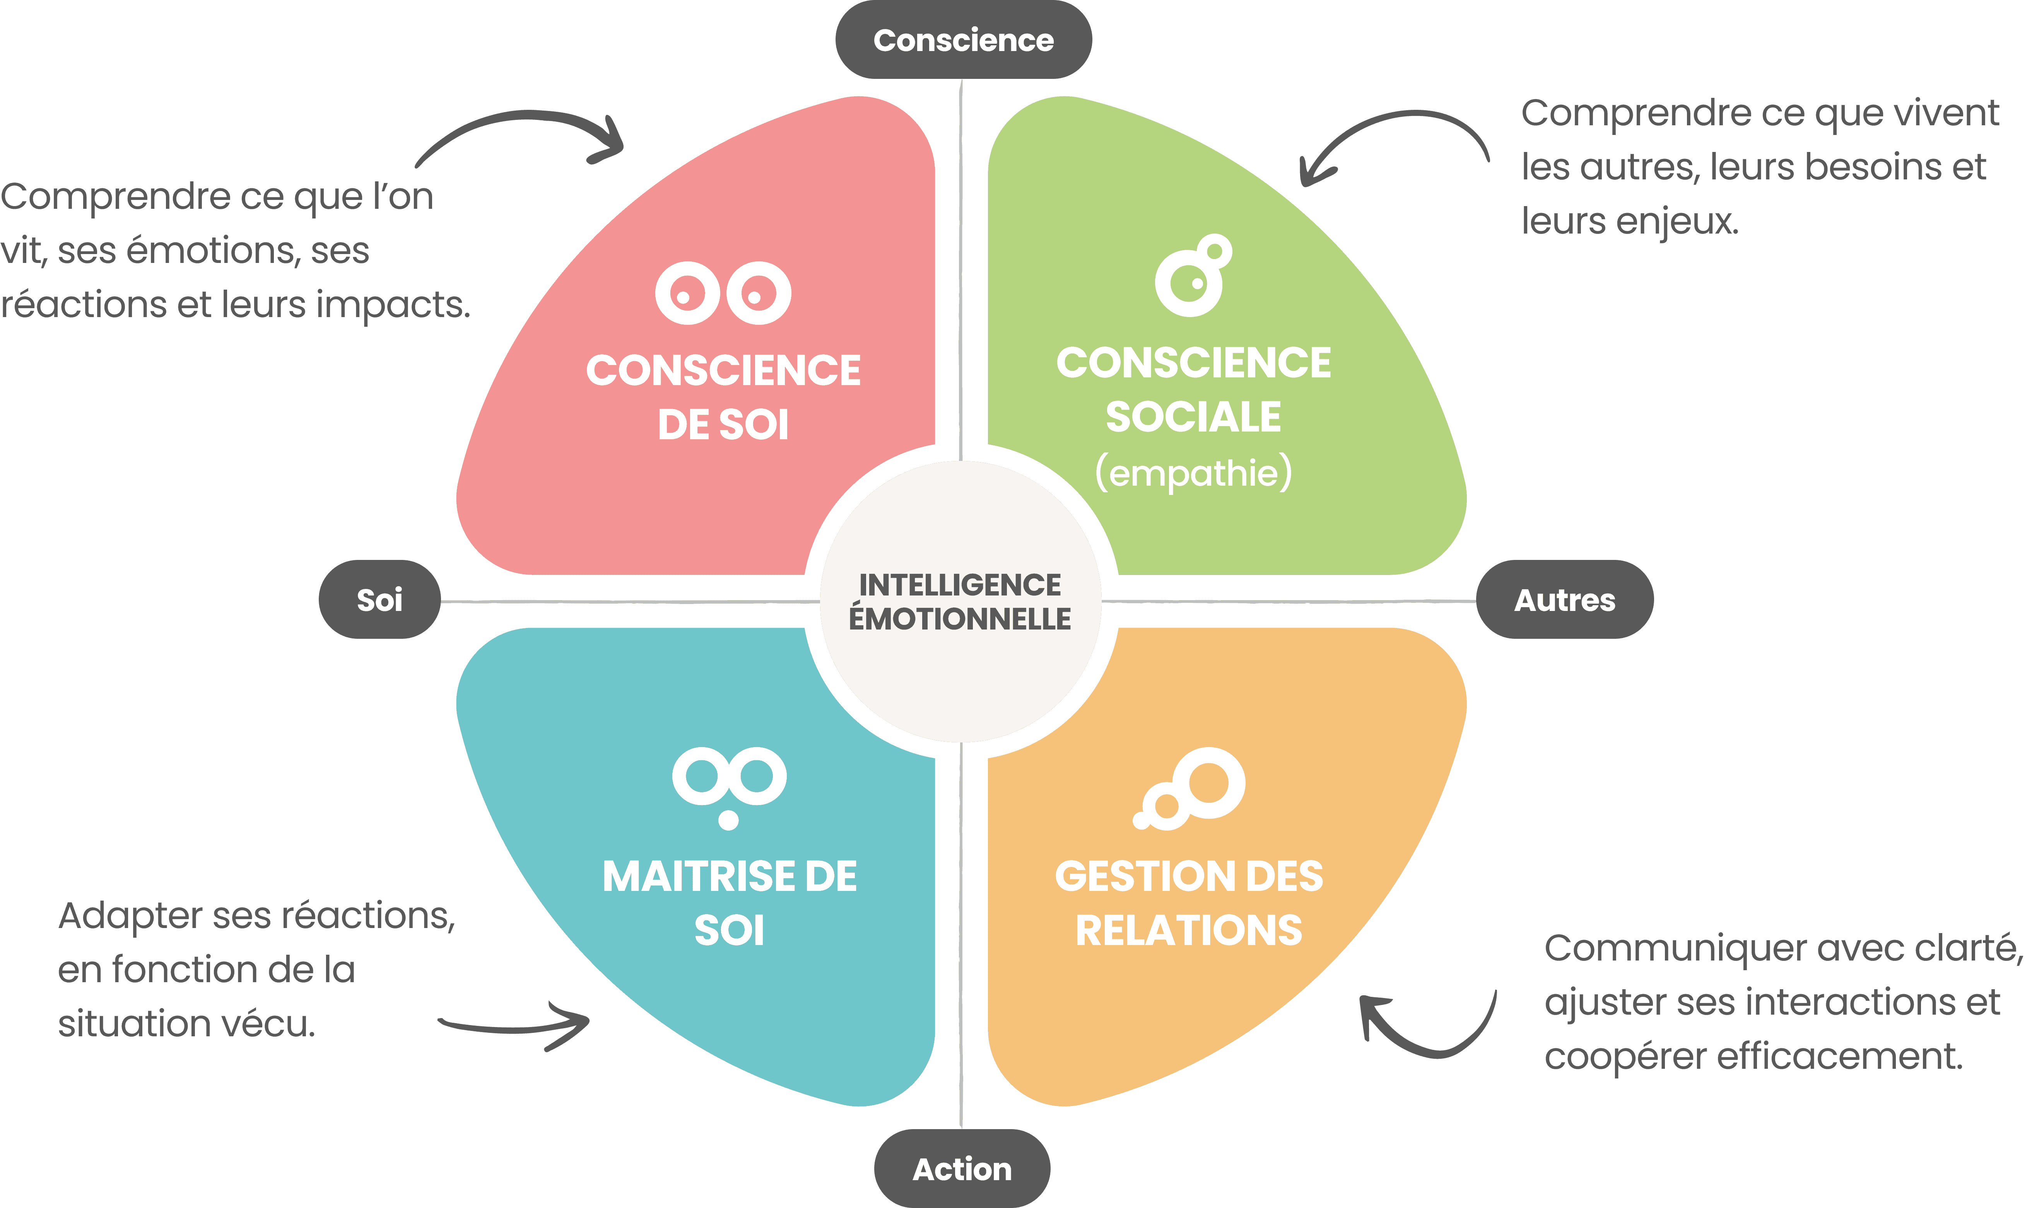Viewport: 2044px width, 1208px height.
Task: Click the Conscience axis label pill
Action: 963,40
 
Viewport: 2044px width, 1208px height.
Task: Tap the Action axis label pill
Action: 962,1169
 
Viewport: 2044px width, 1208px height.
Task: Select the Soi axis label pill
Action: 379,600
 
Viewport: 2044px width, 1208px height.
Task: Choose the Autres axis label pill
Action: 1564,600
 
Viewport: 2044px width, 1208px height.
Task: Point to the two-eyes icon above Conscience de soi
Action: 723,293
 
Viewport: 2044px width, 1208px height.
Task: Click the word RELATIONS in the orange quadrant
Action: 1189,930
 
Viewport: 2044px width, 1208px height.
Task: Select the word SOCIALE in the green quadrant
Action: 1193,417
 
